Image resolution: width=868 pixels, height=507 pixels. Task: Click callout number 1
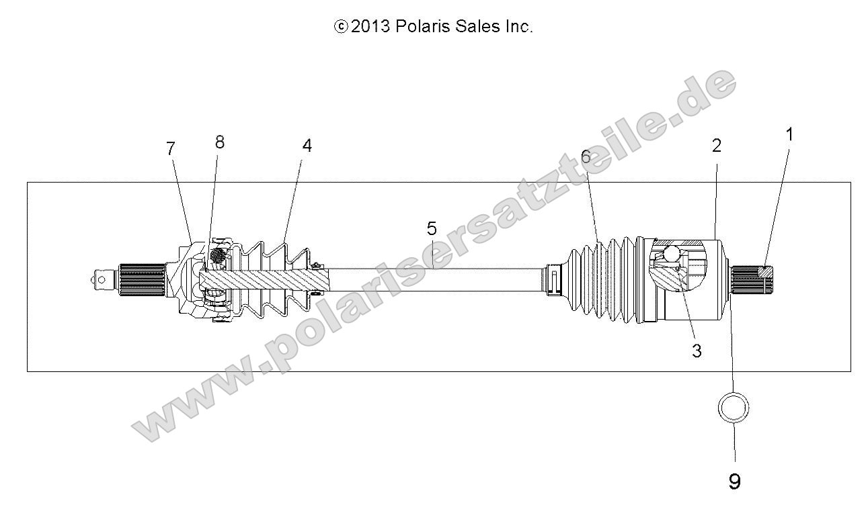(x=789, y=134)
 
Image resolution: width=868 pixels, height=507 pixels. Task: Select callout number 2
(x=716, y=145)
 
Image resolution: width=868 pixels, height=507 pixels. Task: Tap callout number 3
(x=697, y=350)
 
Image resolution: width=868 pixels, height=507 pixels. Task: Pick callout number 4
(x=307, y=146)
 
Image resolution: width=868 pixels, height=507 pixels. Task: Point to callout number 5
(x=432, y=229)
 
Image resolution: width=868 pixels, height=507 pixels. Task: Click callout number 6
(x=586, y=157)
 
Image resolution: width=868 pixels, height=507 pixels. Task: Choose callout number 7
(x=171, y=148)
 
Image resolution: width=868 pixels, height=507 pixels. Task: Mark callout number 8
(x=219, y=142)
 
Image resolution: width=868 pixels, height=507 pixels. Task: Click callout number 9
(x=734, y=481)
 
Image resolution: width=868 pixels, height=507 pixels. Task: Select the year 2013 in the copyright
(x=370, y=27)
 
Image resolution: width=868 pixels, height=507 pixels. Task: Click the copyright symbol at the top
(x=341, y=27)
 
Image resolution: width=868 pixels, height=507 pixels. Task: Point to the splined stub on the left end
(x=142, y=281)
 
